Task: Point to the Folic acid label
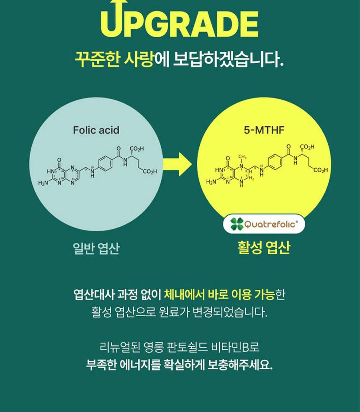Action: point(96,130)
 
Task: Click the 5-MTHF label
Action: point(264,130)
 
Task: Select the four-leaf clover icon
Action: point(237,224)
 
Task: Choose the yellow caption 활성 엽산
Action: point(263,248)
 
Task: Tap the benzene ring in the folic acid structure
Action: point(104,163)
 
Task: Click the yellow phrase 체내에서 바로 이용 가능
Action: point(219,294)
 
